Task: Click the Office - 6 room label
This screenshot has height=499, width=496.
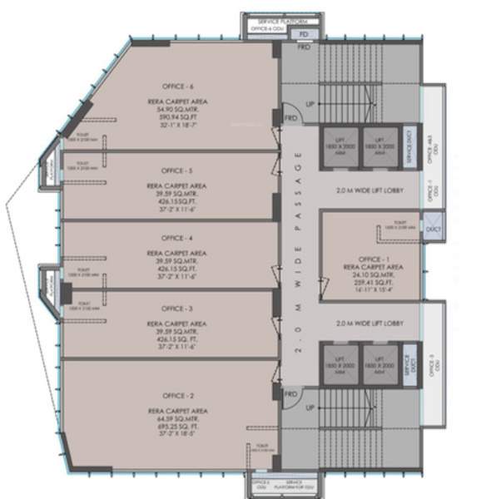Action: point(180,86)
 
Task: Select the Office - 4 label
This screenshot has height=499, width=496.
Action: point(179,237)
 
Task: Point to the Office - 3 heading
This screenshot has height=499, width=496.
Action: point(179,308)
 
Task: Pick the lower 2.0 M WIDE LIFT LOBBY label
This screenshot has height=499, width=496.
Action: point(369,323)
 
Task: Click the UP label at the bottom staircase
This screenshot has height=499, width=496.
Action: point(310,408)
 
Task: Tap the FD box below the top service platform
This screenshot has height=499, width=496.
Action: point(304,33)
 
